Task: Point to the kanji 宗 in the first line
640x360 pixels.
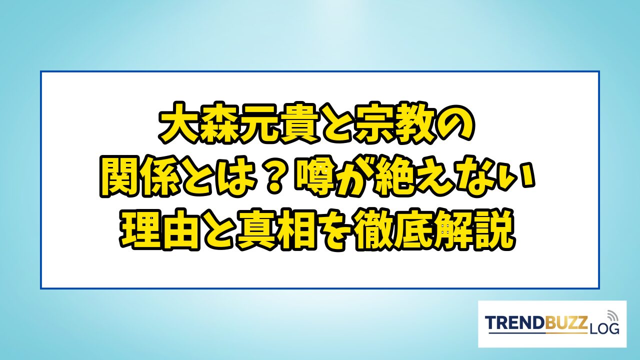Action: [373, 124]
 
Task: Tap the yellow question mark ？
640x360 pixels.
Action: [274, 176]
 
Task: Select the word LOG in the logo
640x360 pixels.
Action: [603, 329]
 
